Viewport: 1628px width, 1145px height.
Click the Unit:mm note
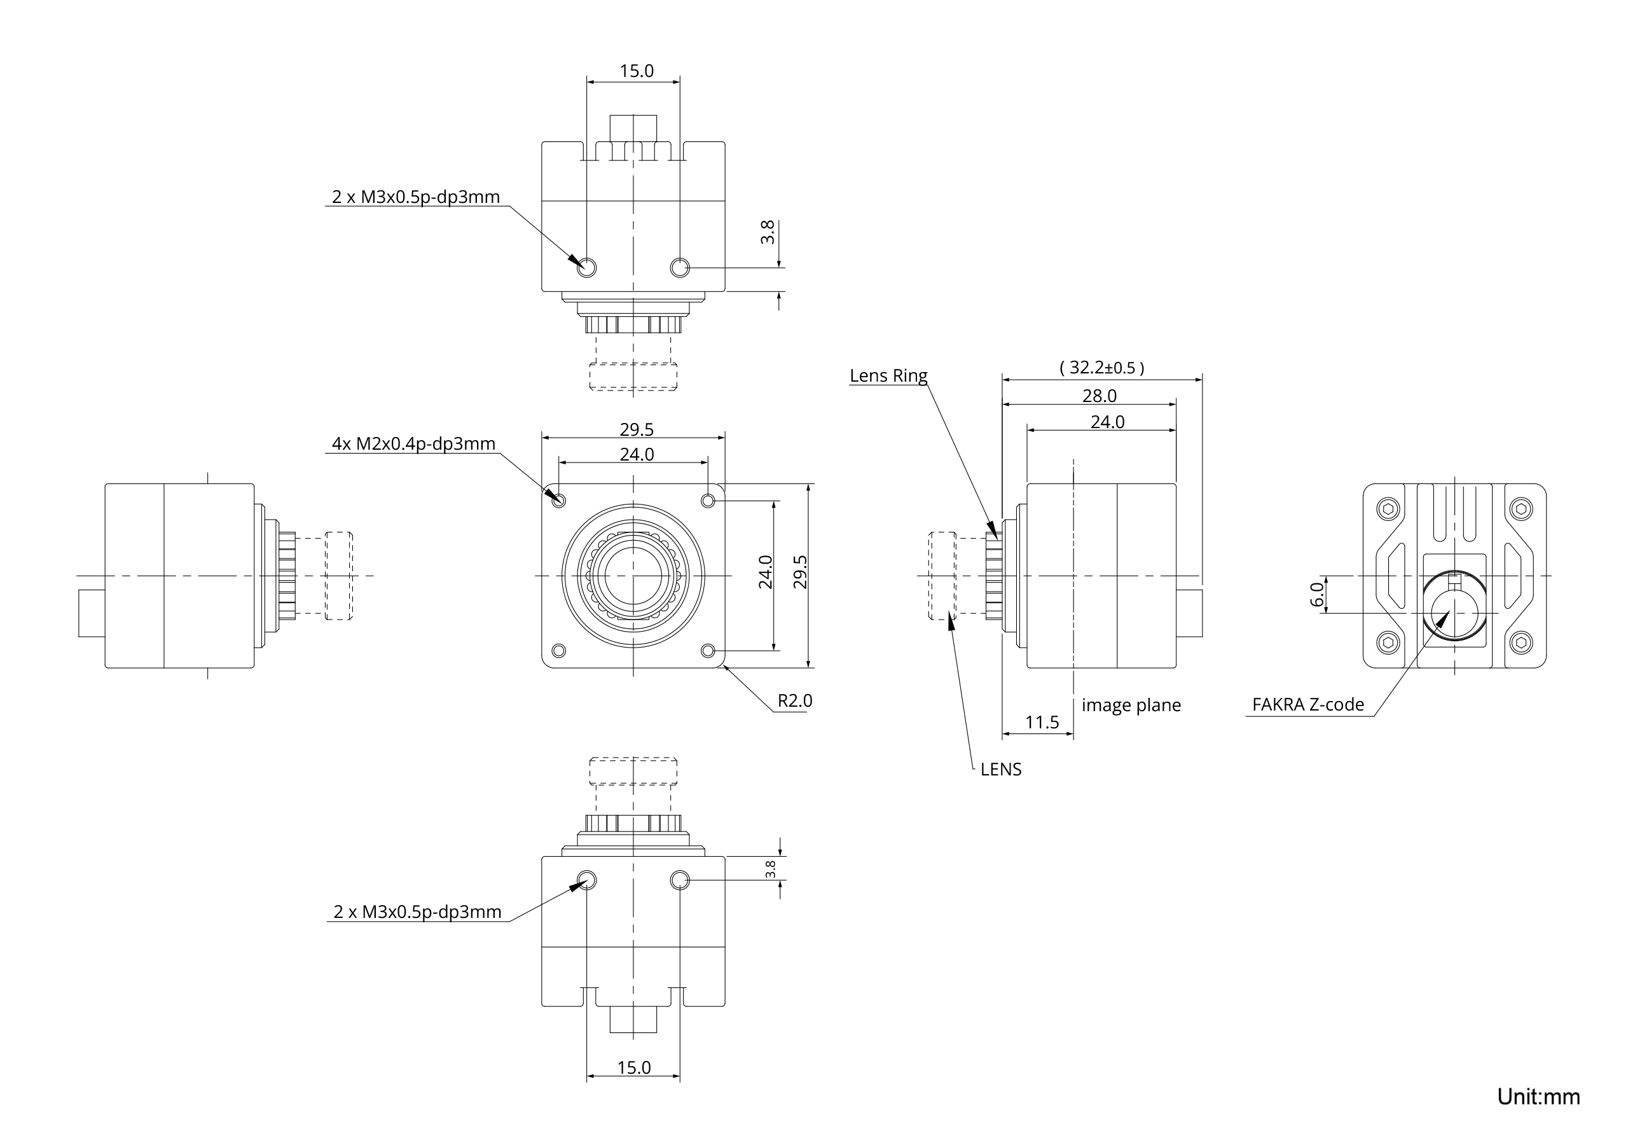click(1538, 1096)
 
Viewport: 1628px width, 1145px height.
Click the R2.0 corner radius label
click(794, 701)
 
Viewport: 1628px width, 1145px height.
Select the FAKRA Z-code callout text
click(1307, 704)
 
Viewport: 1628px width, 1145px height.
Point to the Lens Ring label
click(888, 375)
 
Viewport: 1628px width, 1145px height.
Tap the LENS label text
click(1000, 769)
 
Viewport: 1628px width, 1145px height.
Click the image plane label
click(1131, 705)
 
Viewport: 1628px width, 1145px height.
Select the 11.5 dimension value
click(1042, 722)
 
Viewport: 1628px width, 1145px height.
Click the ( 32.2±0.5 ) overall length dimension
click(1101, 368)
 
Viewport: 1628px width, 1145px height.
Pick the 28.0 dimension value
click(1099, 395)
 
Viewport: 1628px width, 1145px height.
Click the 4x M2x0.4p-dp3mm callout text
click(413, 444)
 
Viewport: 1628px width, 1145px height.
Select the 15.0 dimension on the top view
click(636, 71)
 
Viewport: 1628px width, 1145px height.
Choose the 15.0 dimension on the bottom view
click(633, 1067)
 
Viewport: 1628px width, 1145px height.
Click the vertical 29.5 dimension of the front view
click(800, 571)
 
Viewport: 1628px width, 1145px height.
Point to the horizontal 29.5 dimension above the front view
click(636, 429)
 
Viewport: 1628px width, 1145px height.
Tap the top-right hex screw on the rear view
click(1521, 509)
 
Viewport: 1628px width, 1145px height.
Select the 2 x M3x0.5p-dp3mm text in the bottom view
click(417, 912)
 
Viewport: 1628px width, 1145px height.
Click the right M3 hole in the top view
click(679, 267)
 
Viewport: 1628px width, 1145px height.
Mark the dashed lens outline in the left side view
click(339, 575)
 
